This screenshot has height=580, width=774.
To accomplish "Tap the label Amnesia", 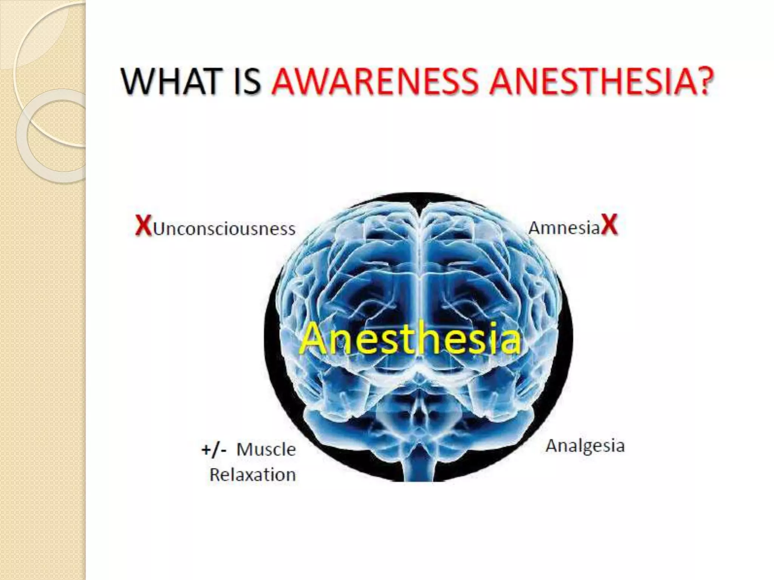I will (564, 228).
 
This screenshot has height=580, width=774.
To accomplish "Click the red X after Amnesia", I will (609, 225).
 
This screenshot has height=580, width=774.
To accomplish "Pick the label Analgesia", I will (585, 446).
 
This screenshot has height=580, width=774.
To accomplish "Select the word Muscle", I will (266, 449).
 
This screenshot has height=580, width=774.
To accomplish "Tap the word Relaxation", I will (252, 475).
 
